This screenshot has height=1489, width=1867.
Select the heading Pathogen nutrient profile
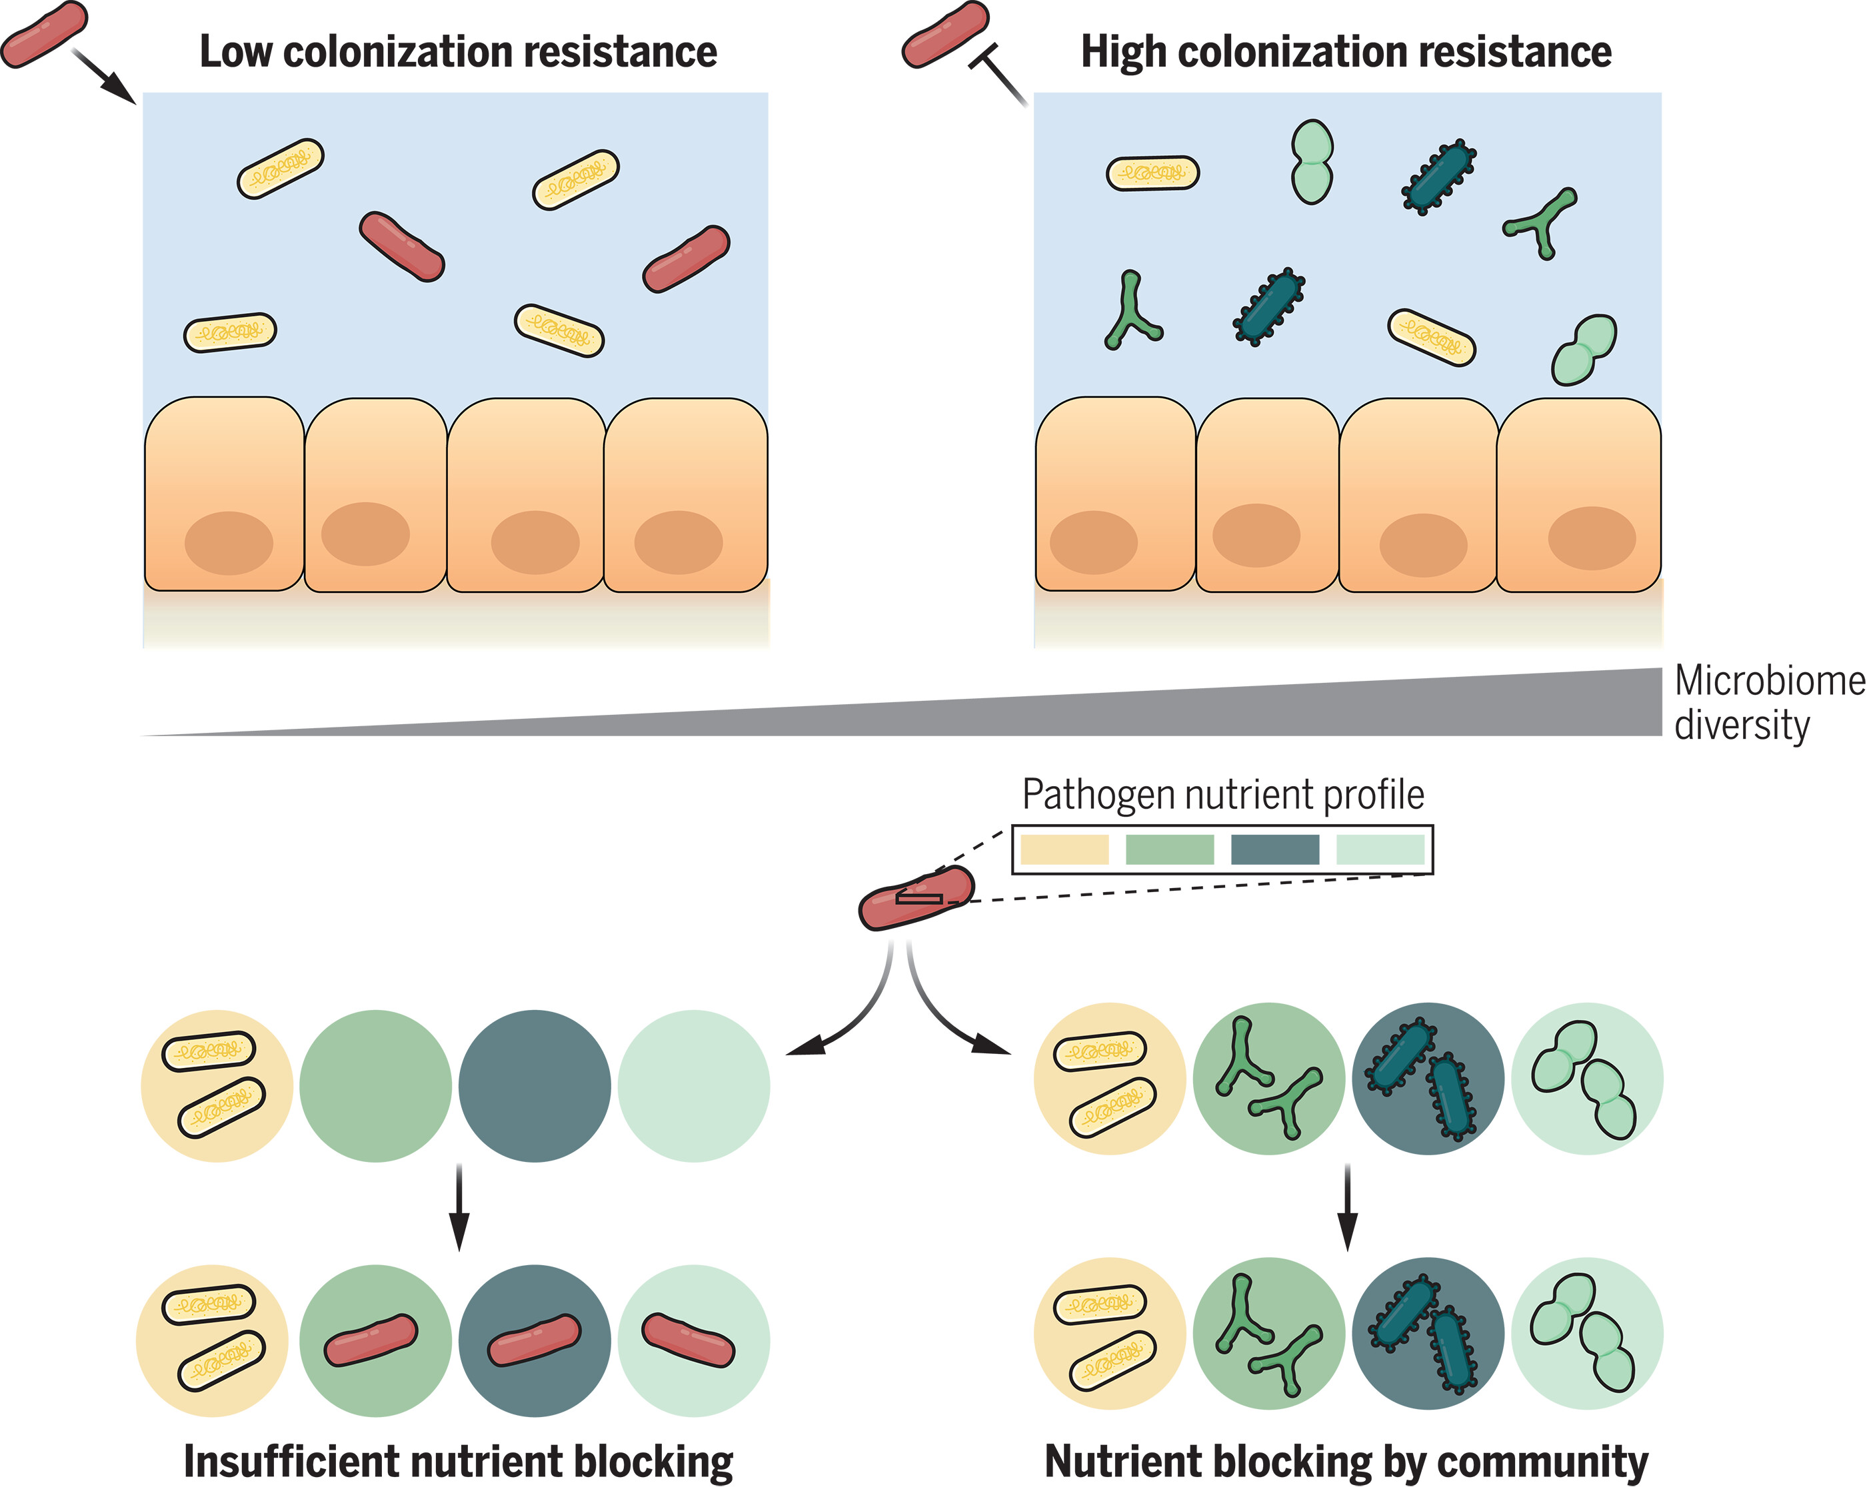(1222, 795)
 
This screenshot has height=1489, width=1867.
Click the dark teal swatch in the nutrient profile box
(1274, 849)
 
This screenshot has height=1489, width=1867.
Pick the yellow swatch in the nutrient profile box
(1064, 849)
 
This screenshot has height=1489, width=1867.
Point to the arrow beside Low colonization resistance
(104, 76)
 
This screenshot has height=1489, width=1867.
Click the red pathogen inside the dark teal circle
(535, 1340)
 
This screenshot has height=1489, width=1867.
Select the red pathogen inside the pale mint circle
(689, 1340)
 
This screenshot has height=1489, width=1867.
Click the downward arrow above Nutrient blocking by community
(1348, 1208)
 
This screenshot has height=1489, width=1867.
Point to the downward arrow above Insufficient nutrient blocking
(460, 1208)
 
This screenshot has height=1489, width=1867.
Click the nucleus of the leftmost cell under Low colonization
(229, 543)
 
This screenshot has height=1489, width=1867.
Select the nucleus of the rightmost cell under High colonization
(1592, 538)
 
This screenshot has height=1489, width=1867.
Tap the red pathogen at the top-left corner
(43, 35)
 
